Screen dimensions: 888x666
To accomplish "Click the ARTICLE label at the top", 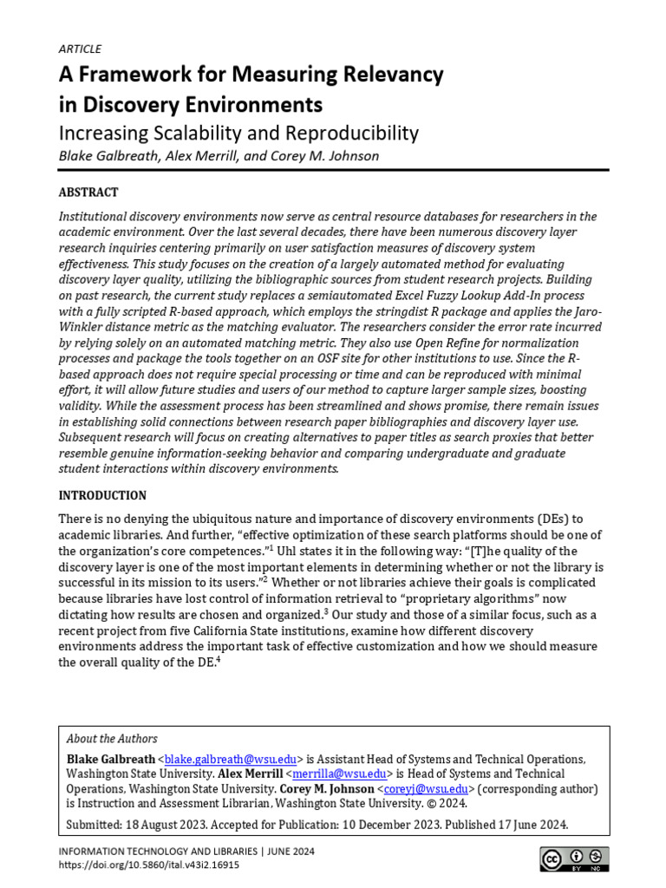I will point(80,49).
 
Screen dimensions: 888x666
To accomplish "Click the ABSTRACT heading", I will point(88,193).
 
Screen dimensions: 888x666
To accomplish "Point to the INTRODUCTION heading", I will point(102,496).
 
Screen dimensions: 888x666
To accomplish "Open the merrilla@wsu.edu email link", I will point(338,774).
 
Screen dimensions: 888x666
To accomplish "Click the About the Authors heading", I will point(113,739).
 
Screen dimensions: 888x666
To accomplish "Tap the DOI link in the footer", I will point(149,865).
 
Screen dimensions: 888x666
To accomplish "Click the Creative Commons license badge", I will point(574,859).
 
